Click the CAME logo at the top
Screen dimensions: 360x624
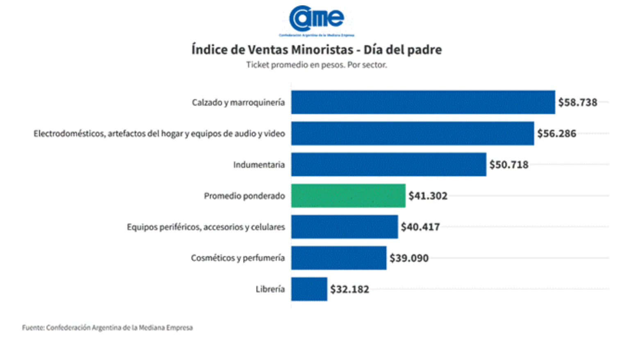[316, 20]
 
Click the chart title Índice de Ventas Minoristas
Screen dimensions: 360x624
[316, 50]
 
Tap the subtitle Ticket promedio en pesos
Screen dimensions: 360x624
[316, 65]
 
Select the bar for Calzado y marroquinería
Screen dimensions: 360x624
[423, 102]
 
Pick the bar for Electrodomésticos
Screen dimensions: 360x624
[413, 133]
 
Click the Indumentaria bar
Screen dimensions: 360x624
[388, 164]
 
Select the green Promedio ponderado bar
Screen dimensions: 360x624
[348, 196]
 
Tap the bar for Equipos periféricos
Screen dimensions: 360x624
[344, 227]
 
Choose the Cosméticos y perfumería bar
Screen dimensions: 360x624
[338, 258]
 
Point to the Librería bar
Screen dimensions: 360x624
[309, 289]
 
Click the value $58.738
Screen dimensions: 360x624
[578, 102]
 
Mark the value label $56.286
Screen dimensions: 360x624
[556, 133]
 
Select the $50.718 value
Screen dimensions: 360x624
[509, 164]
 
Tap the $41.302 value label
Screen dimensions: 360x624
[428, 196]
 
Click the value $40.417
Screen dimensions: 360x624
[420, 227]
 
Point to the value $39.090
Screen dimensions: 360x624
[409, 258]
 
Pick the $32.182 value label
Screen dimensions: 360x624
[349, 289]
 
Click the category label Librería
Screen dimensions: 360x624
[270, 289]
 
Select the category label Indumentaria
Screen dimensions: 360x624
[259, 164]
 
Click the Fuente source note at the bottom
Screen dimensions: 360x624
[107, 328]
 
